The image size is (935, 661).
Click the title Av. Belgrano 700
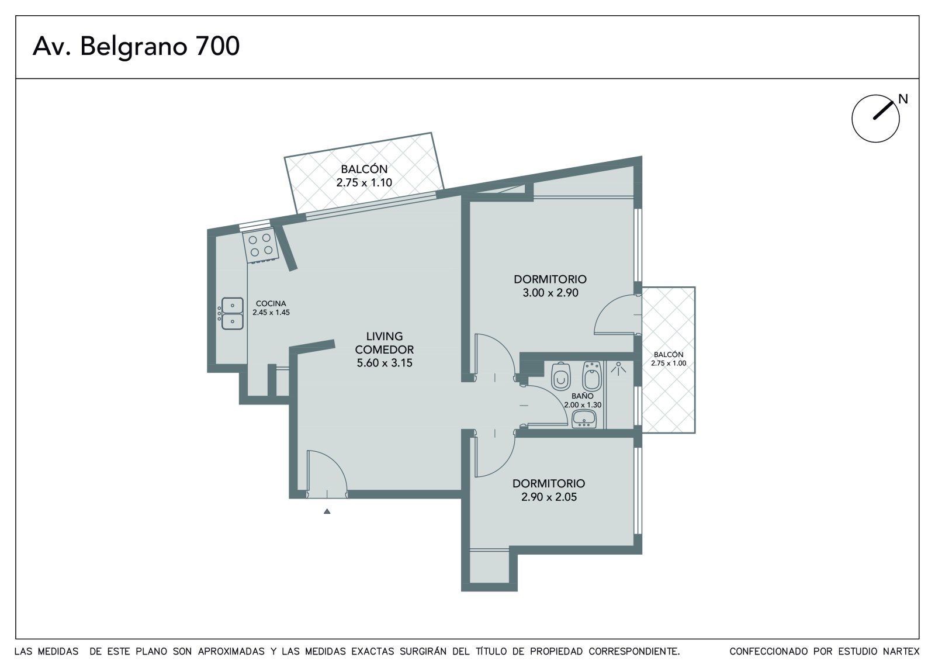(x=136, y=46)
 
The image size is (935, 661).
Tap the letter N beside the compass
(x=903, y=99)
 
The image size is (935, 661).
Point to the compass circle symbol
(x=876, y=119)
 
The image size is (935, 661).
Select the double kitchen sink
(x=232, y=313)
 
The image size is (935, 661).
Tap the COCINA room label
(x=271, y=303)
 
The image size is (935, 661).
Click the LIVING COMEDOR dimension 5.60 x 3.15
(x=385, y=363)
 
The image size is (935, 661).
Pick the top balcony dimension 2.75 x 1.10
(x=365, y=182)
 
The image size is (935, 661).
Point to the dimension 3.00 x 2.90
(x=550, y=293)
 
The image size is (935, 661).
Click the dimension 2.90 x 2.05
(x=549, y=497)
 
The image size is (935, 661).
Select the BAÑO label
(x=582, y=396)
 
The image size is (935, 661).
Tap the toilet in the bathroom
(x=561, y=376)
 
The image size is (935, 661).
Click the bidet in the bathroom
(x=592, y=375)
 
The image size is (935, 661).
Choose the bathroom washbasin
(x=584, y=419)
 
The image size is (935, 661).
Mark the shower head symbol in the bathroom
(x=618, y=368)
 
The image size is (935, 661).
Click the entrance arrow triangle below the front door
(x=327, y=511)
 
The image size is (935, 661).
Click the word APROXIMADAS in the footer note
(x=231, y=652)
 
